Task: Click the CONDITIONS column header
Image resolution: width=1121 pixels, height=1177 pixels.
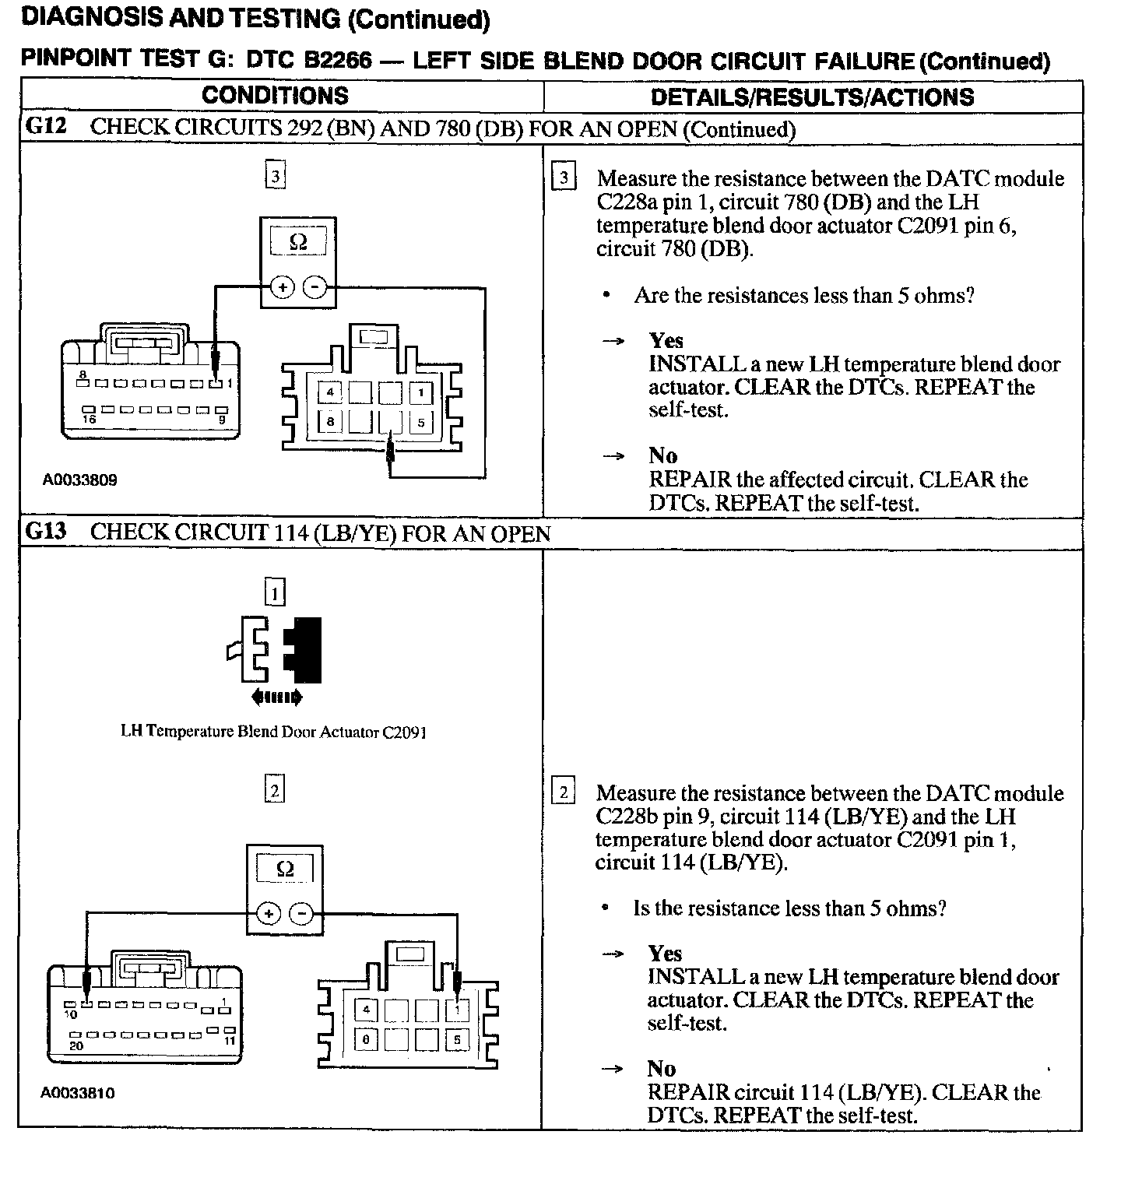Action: (275, 96)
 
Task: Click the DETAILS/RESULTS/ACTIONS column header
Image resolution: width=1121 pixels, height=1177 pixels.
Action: (812, 97)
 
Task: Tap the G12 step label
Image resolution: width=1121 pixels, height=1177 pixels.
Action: (46, 128)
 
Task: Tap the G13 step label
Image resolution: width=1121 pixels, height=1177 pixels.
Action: (46, 532)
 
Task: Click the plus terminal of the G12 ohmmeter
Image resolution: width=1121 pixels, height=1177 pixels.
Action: (282, 288)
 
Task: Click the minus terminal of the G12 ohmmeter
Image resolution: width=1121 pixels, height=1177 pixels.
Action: (315, 288)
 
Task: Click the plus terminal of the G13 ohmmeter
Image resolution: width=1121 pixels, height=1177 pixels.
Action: (268, 913)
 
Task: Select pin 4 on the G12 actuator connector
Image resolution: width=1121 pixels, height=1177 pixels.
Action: (330, 392)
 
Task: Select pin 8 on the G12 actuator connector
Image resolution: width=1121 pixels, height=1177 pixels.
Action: (330, 422)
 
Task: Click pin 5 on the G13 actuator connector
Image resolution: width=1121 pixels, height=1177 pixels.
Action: (457, 1039)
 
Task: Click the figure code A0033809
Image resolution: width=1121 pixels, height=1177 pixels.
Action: (79, 480)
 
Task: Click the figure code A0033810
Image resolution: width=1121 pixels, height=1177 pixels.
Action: (78, 1094)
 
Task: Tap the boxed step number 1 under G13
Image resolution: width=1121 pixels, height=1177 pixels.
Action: (275, 594)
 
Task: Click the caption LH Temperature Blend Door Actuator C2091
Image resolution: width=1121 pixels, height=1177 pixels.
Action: (273, 732)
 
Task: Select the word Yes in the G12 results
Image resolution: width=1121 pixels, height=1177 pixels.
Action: (666, 341)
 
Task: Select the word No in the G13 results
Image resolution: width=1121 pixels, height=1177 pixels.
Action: (661, 1069)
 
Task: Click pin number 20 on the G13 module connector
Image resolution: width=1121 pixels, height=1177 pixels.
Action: (76, 1046)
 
